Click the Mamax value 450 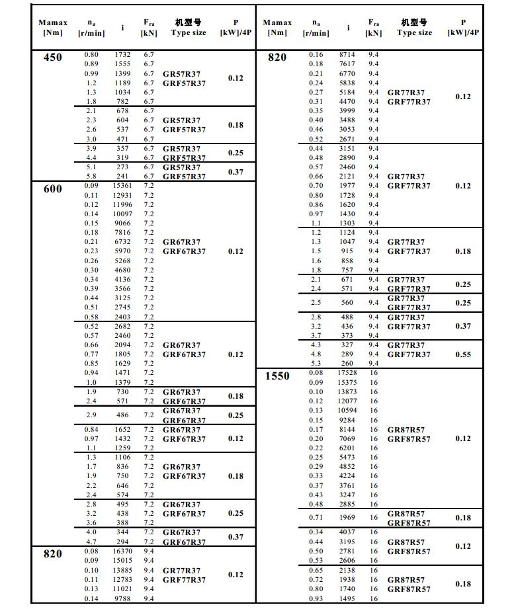[52, 57]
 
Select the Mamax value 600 [52, 189]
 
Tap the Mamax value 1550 [277, 376]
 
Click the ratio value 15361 [122, 186]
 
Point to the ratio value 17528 [347, 374]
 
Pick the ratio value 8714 [347, 55]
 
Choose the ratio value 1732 [122, 54]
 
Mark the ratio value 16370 [122, 551]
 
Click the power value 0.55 [463, 354]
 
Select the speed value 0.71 [316, 518]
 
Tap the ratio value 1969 [347, 518]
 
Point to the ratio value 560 [347, 303]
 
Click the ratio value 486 [122, 415]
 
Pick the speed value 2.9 [91, 415]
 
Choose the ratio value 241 [122, 177]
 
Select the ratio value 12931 [122, 196]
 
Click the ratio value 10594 [347, 411]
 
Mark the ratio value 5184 [347, 93]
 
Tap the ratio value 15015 [122, 561]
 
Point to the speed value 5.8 [91, 177]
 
